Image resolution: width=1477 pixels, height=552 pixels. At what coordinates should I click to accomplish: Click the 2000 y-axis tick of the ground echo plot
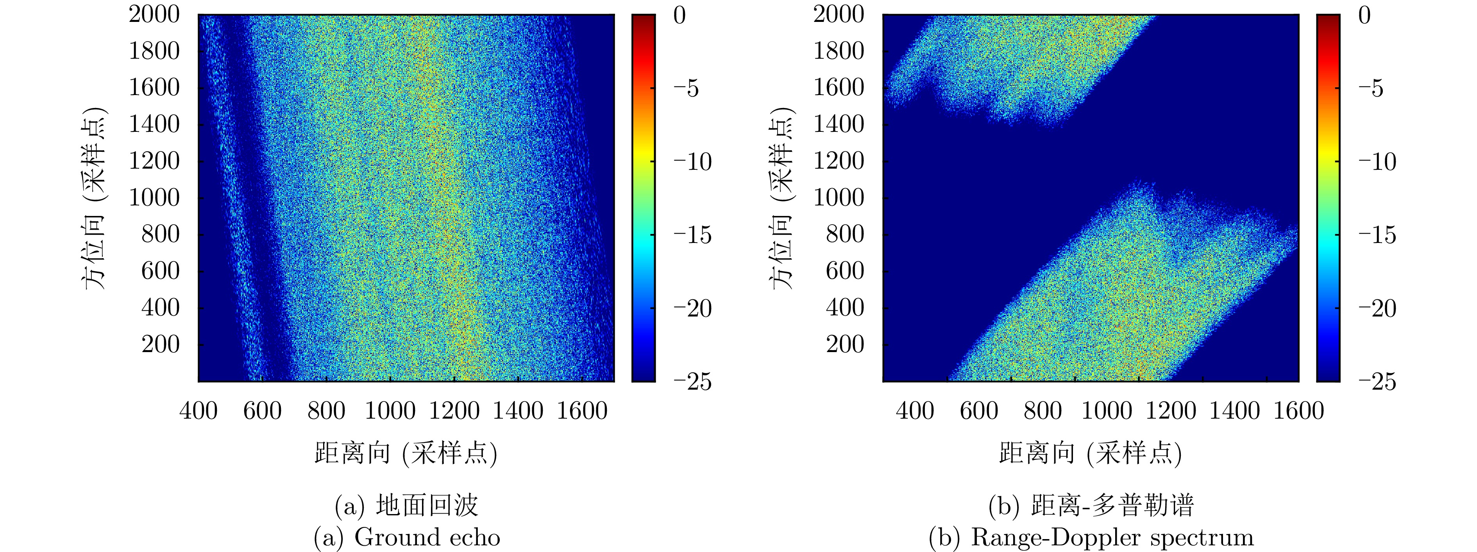(x=154, y=14)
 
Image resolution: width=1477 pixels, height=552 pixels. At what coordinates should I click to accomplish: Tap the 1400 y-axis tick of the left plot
(x=154, y=124)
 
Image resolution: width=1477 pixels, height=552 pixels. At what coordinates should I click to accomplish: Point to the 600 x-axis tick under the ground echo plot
(x=262, y=411)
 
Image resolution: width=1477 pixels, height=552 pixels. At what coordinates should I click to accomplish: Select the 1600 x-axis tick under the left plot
(x=582, y=411)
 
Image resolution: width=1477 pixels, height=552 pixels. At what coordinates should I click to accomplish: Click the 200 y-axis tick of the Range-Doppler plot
(x=844, y=344)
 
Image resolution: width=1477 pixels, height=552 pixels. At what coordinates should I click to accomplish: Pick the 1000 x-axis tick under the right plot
(x=1107, y=411)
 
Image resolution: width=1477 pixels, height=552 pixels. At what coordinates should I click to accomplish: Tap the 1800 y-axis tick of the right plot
(x=838, y=51)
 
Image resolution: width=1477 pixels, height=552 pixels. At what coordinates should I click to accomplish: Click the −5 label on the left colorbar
(x=686, y=88)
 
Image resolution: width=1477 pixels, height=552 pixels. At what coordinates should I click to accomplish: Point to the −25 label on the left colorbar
(x=692, y=381)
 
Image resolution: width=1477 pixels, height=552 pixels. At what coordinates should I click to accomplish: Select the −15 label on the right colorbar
(x=1377, y=235)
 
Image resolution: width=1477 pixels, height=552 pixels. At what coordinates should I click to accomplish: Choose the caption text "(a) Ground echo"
(x=406, y=538)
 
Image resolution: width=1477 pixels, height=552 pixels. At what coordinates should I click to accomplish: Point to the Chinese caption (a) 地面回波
(x=406, y=505)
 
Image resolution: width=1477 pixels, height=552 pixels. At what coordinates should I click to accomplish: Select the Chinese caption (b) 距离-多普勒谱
(x=1091, y=505)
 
